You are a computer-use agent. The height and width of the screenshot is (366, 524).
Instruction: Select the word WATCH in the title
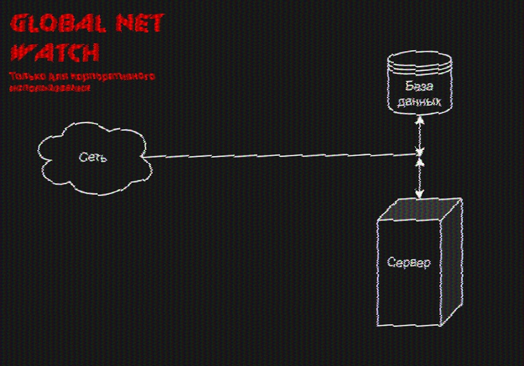point(55,53)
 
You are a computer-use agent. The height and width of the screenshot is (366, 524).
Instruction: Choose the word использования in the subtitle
point(50,88)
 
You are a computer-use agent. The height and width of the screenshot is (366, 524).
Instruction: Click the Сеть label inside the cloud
point(93,157)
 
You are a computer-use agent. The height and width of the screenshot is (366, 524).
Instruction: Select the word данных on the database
point(419,102)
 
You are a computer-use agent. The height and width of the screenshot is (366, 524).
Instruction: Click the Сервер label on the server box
point(409,263)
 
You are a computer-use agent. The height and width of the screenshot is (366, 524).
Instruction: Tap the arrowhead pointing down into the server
point(419,194)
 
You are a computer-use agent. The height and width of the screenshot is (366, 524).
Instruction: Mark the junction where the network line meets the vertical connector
point(420,154)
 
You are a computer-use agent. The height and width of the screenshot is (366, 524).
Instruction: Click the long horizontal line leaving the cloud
point(279,155)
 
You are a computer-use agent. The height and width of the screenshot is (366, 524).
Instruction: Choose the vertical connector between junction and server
point(419,175)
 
